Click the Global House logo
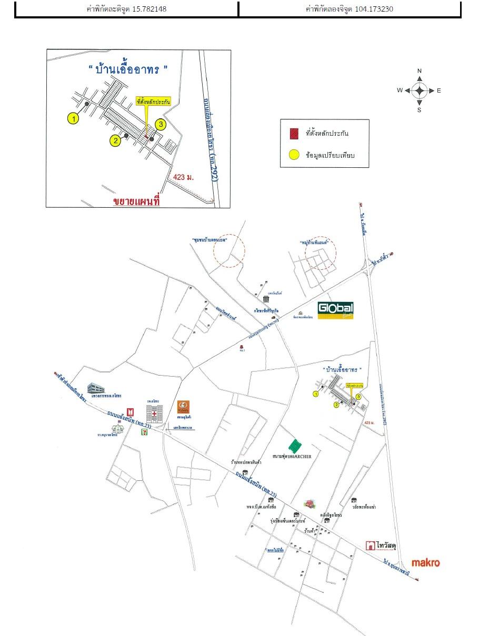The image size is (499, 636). point(335,310)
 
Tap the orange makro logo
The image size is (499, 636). point(425,563)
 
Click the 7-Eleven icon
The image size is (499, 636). point(144,431)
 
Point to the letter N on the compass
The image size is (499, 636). point(420,71)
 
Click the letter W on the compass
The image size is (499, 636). point(400,90)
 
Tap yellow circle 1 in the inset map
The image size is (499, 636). point(73,119)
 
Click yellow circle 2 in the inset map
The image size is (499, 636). point(115,140)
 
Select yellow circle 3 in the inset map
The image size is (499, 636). point(161,125)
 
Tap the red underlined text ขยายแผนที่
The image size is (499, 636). point(136,201)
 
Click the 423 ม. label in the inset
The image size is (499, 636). point(183,177)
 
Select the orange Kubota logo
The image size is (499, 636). point(184,407)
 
